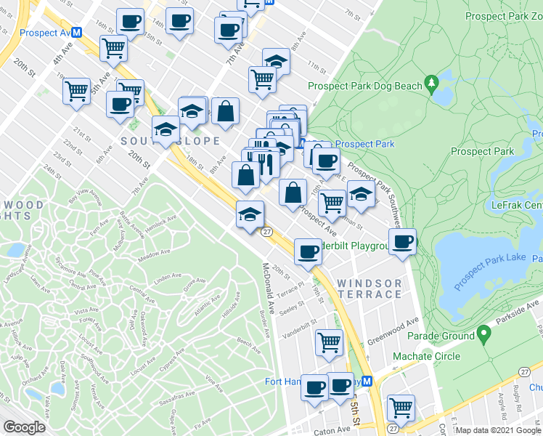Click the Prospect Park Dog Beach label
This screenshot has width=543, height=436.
[x=364, y=86]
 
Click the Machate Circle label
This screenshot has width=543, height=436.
[x=426, y=356]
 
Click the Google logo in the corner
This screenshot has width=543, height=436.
[x=24, y=427]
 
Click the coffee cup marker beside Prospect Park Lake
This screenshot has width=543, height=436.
[x=402, y=241]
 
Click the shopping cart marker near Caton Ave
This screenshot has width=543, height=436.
[x=401, y=407]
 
